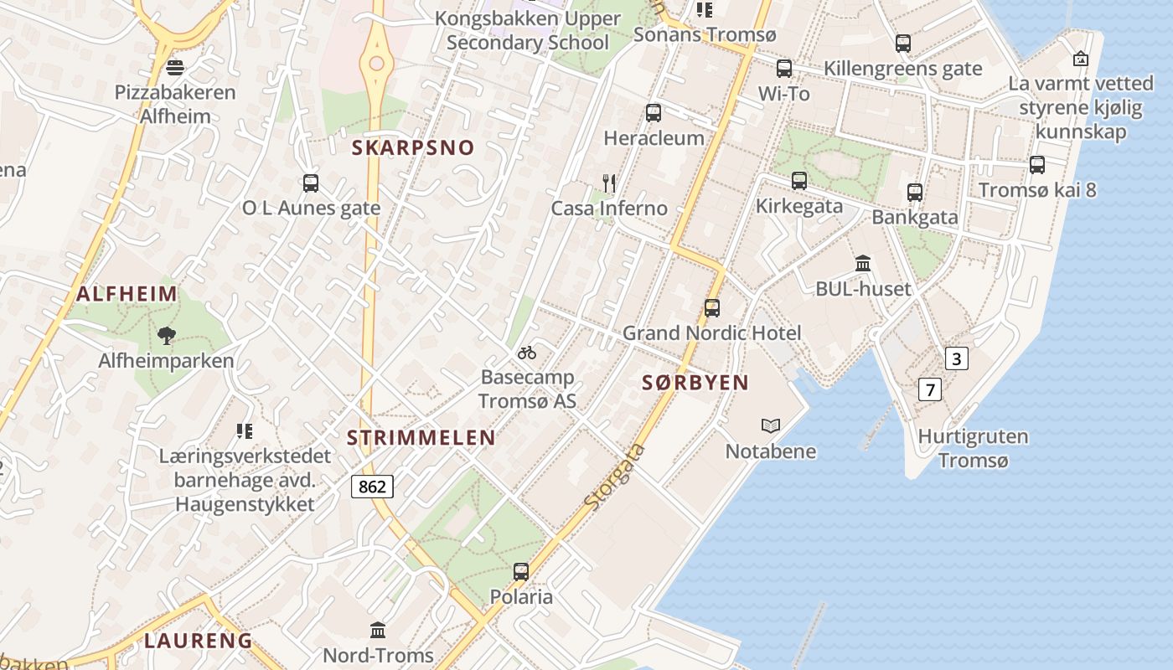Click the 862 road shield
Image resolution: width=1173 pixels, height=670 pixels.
pos(372,486)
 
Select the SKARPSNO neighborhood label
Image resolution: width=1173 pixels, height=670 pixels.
pos(413,148)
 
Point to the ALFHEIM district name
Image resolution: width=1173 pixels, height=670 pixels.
pos(127,294)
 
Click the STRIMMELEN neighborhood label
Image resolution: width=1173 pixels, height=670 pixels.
pos(421,437)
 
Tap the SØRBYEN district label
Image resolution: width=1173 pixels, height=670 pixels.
pos(695,383)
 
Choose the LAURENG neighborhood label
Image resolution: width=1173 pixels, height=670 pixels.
pos(198,641)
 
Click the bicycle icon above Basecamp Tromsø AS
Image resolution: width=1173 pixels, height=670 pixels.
pos(527,353)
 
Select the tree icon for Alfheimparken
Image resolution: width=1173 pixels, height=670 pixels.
pos(167,336)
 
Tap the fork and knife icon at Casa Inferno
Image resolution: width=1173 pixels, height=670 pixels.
pos(609,183)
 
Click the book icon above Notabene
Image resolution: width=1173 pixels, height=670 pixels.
pos(771,426)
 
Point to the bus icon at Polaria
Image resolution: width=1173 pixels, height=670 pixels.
pos(521,572)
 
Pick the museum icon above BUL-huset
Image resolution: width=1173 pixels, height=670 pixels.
pos(863,264)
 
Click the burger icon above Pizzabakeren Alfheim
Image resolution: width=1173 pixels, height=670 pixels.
pos(175,67)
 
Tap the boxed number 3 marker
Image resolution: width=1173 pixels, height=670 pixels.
pos(956,359)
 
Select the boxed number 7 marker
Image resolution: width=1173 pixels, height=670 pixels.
pos(929,389)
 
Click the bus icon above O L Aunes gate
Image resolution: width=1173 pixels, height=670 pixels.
pos(311,183)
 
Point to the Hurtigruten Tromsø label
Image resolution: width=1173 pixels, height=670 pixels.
pos(973,448)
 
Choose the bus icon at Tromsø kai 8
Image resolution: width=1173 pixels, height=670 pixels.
pos(1037,165)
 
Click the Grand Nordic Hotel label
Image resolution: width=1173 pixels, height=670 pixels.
pos(711,332)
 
